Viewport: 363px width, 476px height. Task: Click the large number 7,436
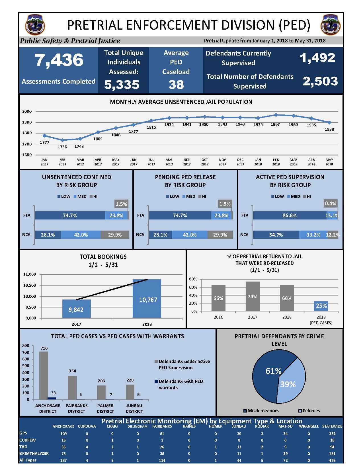pyautogui.click(x=59, y=60)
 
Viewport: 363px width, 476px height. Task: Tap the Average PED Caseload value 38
pyautogui.click(x=176, y=85)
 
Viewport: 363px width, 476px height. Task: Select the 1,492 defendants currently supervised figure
pyautogui.click(x=317, y=58)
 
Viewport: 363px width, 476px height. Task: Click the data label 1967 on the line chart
pyautogui.click(x=275, y=124)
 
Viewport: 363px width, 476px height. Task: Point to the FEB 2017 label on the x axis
pyautogui.click(x=62, y=162)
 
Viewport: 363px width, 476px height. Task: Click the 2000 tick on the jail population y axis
pyautogui.click(x=27, y=111)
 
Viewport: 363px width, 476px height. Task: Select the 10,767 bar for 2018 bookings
pyautogui.click(x=147, y=299)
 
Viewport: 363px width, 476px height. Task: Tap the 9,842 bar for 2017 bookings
pyautogui.click(x=77, y=309)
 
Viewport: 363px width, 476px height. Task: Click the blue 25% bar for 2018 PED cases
pyautogui.click(x=321, y=306)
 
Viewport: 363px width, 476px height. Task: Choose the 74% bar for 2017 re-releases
pyautogui.click(x=253, y=296)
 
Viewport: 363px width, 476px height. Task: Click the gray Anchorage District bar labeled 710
pyautogui.click(x=44, y=376)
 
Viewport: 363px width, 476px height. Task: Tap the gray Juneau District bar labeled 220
pyautogui.click(x=130, y=392)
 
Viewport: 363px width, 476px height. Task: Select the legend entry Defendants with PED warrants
pyautogui.click(x=179, y=384)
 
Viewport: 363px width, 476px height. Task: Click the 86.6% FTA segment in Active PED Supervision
pyautogui.click(x=290, y=215)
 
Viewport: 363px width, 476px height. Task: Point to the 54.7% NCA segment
pyautogui.click(x=276, y=235)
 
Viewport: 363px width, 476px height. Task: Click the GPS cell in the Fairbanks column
pyautogui.click(x=162, y=434)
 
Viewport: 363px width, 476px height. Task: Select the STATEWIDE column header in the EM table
pyautogui.click(x=332, y=426)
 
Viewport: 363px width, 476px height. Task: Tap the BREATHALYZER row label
pyautogui.click(x=34, y=453)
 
